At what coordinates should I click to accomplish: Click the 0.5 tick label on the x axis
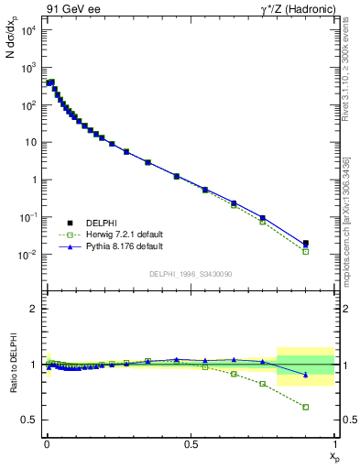191,444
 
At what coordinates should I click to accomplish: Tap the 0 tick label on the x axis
47,444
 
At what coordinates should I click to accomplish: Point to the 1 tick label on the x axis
334,444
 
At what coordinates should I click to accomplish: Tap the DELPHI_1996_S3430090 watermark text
191,274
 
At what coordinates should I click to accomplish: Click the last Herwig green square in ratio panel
306,407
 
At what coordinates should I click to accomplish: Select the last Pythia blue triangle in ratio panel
306,375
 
